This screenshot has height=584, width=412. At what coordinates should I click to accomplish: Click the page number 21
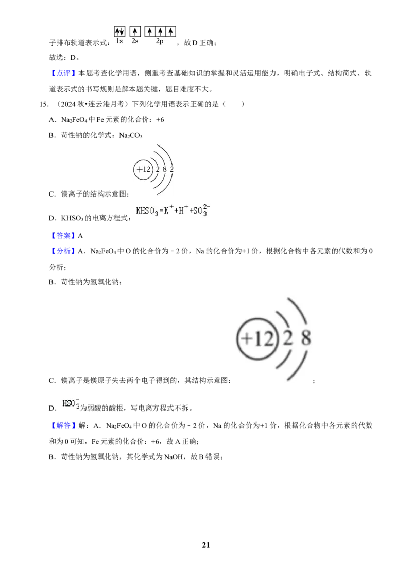click(206, 545)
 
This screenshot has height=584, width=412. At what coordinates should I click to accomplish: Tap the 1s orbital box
click(119, 31)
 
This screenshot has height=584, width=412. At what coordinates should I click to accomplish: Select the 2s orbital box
click(135, 31)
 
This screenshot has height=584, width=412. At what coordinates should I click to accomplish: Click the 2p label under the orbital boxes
click(160, 41)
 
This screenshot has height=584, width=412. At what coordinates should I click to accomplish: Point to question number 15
click(44, 104)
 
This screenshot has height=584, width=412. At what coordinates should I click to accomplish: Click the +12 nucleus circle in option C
click(143, 169)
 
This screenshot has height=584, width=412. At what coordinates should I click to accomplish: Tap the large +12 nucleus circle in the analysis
click(256, 338)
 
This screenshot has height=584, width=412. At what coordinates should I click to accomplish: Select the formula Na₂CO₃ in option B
click(130, 135)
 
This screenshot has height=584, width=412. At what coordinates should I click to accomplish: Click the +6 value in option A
click(160, 120)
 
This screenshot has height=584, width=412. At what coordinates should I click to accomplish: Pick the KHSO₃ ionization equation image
click(173, 211)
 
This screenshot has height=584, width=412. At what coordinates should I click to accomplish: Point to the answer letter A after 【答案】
click(80, 236)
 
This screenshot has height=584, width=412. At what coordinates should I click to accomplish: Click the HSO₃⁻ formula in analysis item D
click(71, 404)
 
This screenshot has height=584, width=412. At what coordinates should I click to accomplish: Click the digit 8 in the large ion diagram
click(306, 338)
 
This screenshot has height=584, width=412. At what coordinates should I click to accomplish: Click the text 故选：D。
click(64, 57)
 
